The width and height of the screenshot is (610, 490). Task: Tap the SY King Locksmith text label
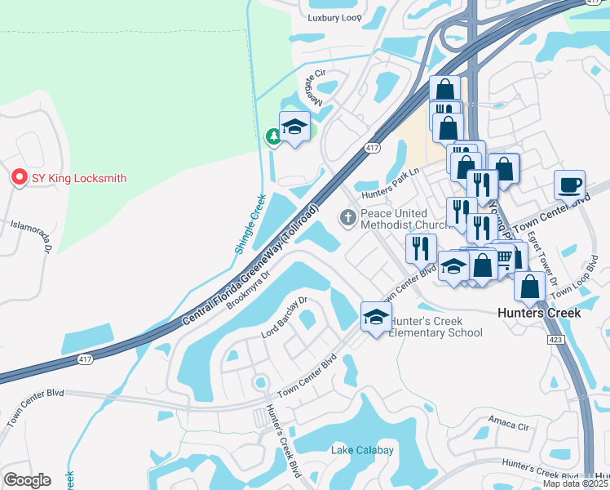tap(79, 178)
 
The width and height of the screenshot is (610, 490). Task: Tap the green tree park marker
tap(274, 137)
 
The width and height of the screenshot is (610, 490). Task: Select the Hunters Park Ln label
tap(394, 193)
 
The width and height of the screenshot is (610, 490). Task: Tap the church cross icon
tap(347, 217)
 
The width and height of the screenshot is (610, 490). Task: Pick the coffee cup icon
tap(569, 184)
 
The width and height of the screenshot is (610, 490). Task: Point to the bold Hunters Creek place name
tap(539, 313)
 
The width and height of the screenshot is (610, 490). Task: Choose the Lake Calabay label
tap(362, 450)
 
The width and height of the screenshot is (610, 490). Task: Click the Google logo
tap(27, 480)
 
